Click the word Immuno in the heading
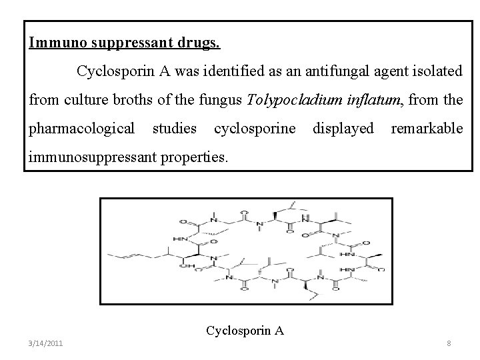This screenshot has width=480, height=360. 55,43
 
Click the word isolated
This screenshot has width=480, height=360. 433,71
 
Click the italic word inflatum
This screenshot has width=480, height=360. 373,100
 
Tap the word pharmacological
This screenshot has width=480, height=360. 82,128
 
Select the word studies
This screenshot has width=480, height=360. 175,128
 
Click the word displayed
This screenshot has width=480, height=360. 343,128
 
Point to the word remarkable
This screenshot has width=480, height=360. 427,128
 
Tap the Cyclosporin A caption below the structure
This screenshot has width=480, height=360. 245,330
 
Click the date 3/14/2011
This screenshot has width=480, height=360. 47,343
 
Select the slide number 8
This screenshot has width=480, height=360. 449,344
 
